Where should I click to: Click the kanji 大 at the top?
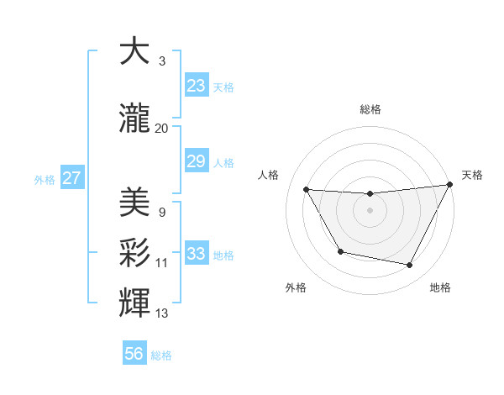134,51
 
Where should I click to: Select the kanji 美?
134,202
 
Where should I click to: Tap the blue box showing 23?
196,86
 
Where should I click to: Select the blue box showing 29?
196,161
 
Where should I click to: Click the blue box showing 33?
196,254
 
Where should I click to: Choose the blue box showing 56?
134,354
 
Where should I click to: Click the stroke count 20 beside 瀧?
162,128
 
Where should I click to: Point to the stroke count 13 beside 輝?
162,313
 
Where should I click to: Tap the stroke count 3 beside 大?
162,61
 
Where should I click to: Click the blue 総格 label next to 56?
161,355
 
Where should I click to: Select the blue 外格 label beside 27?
45,179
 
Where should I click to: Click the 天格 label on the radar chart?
472,175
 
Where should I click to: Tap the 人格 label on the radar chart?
268,175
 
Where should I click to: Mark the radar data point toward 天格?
451,185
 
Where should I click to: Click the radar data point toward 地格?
410,266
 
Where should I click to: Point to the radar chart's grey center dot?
370,210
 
